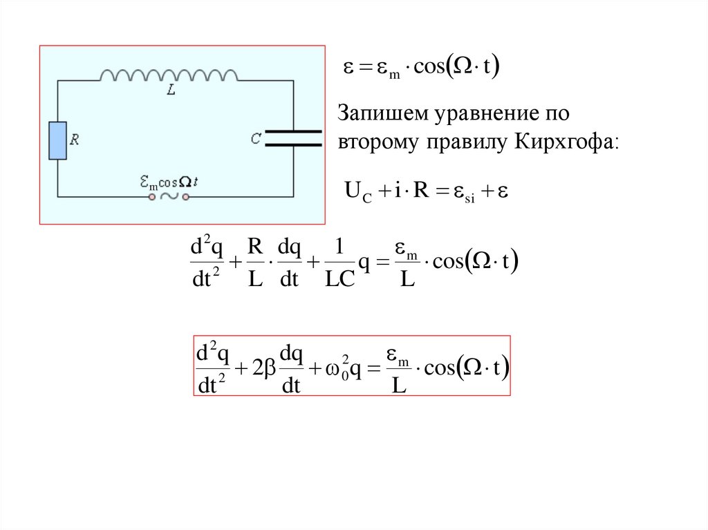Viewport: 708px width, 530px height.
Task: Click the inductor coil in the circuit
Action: [169, 74]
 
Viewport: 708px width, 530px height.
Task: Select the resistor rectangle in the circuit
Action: [57, 141]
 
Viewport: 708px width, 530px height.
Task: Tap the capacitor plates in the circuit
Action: [293, 138]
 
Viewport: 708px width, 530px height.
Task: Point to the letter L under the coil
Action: [170, 91]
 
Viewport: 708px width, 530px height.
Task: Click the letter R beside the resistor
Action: [75, 140]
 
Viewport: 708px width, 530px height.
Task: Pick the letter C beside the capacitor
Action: [256, 139]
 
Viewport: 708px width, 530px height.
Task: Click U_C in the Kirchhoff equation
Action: [357, 191]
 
